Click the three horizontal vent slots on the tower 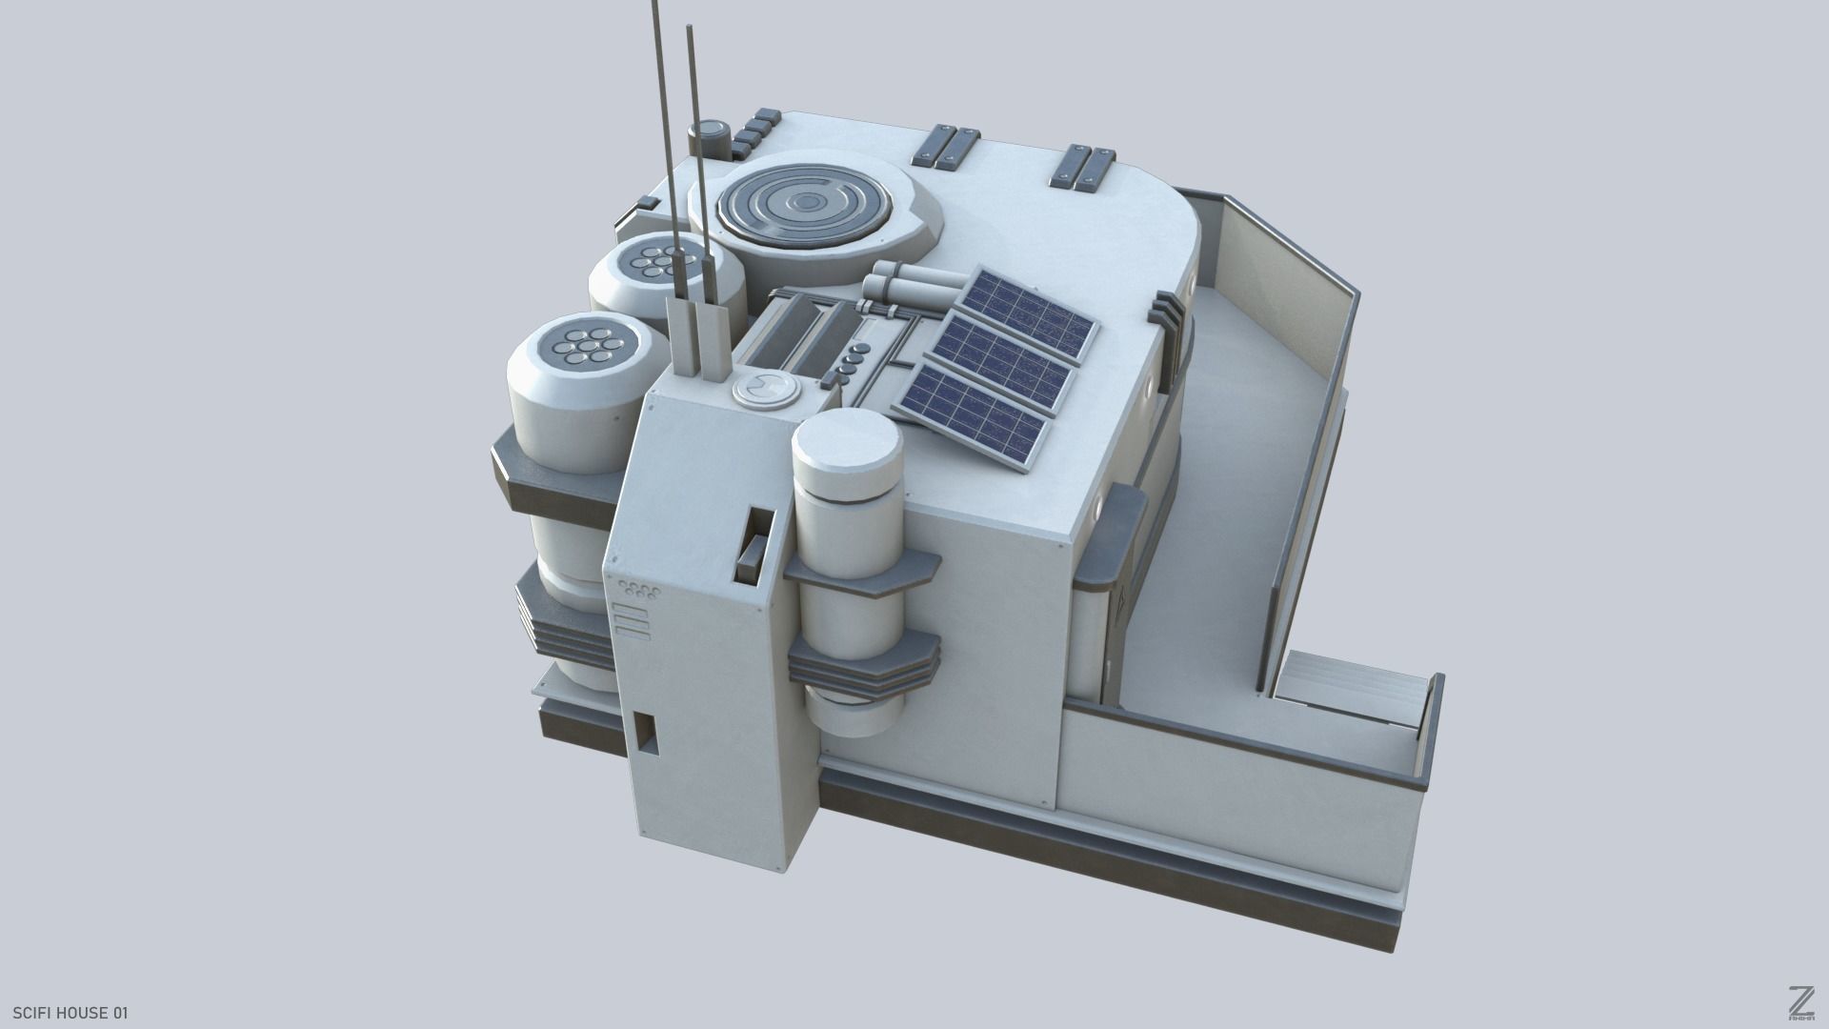632,619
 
